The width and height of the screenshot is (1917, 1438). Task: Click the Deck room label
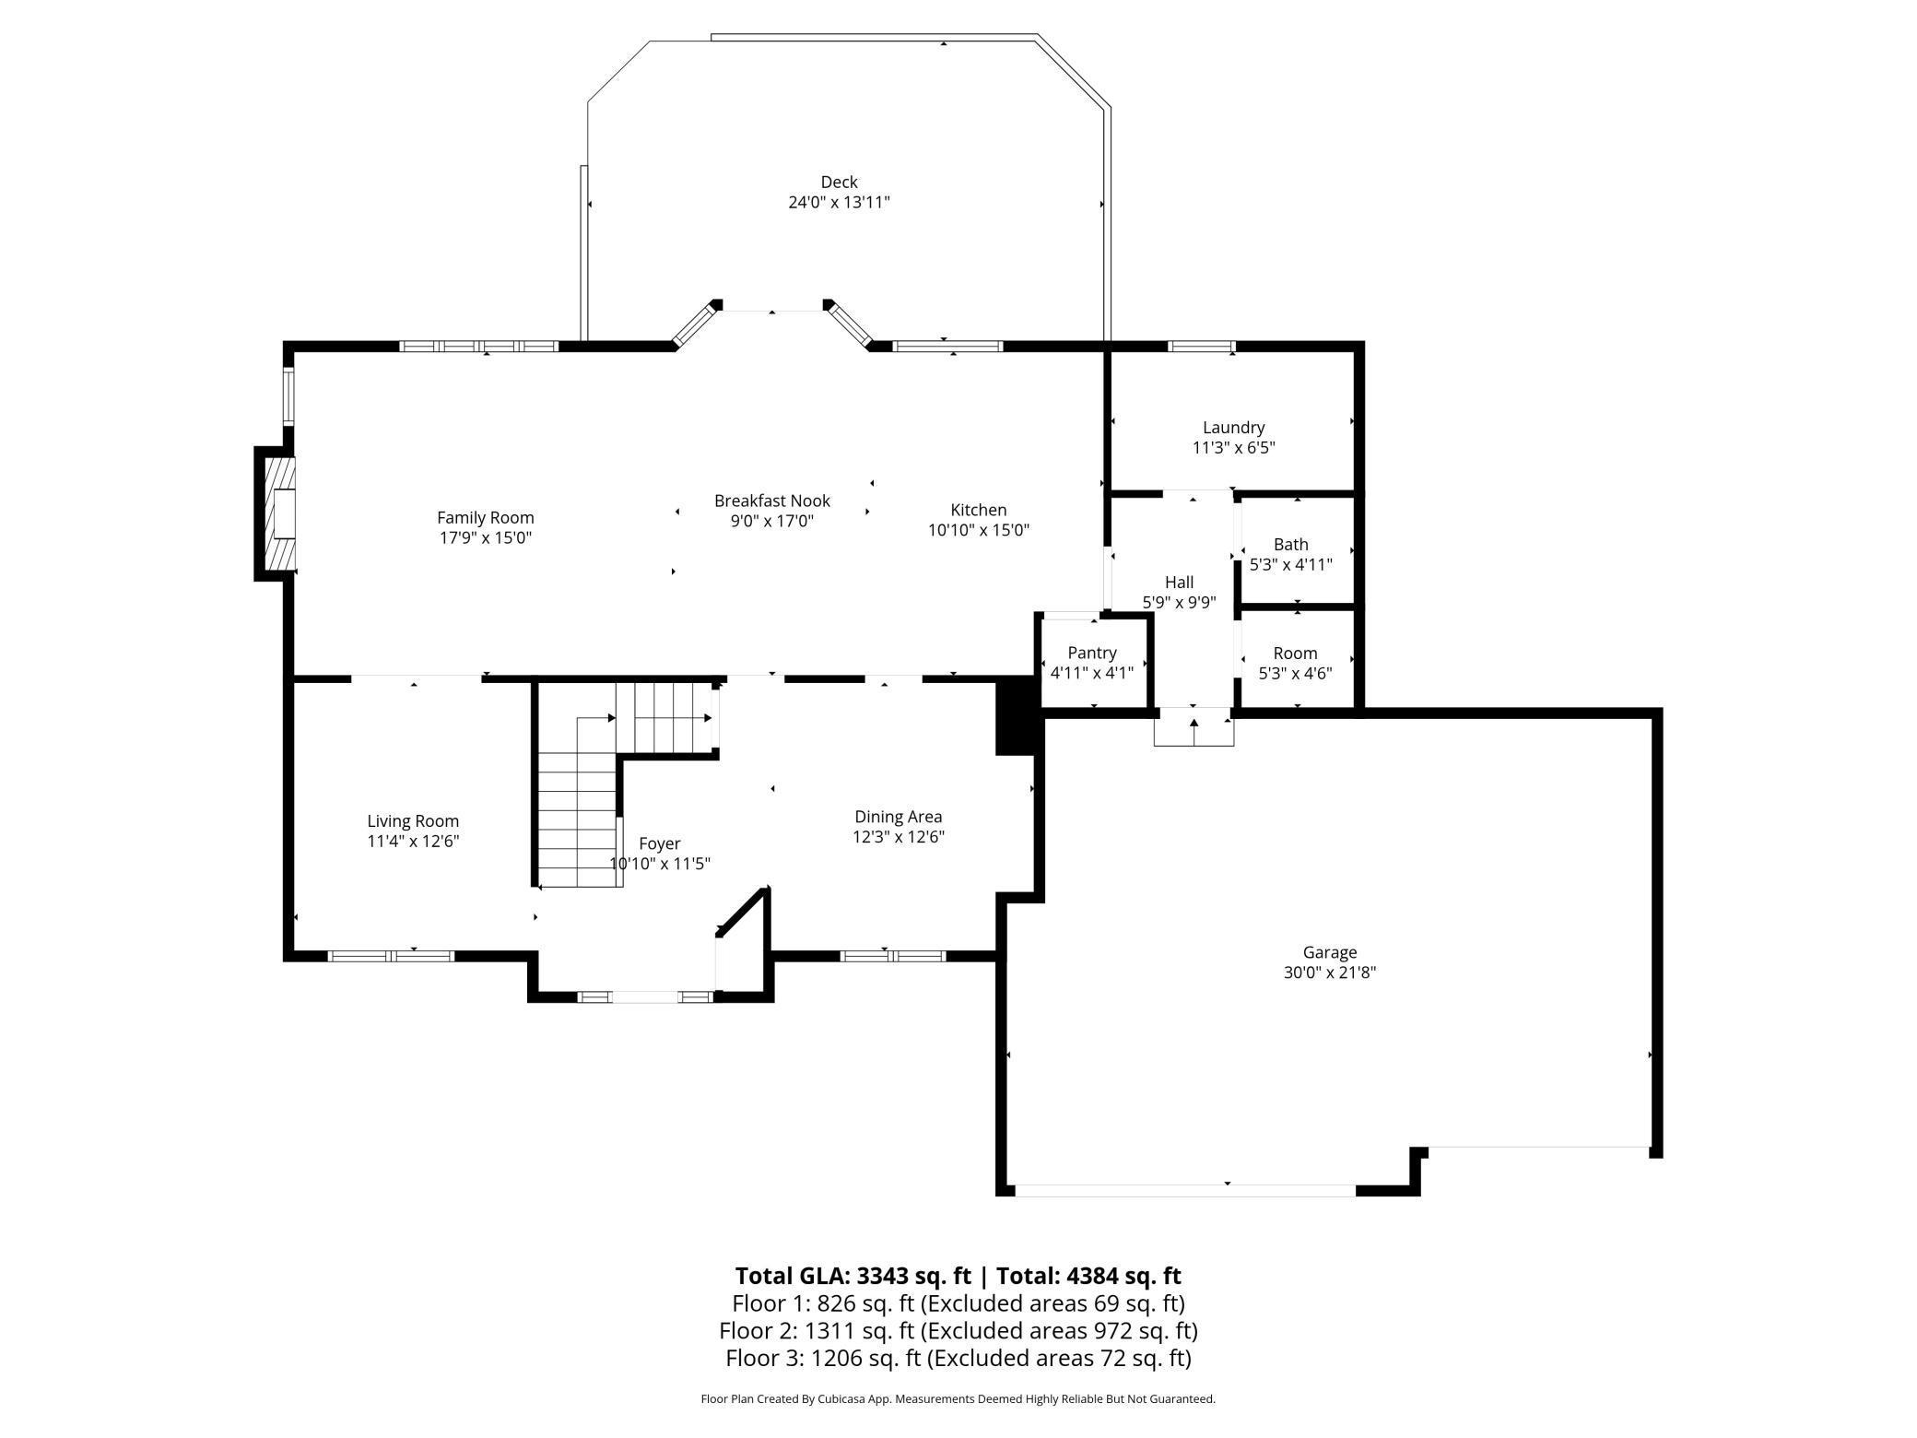(839, 183)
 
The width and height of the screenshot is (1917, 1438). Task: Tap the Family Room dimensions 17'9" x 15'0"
(486, 537)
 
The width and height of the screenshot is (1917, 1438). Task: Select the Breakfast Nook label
(772, 501)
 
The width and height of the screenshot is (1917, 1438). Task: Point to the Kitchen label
(978, 510)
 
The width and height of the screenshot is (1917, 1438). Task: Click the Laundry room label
(1233, 428)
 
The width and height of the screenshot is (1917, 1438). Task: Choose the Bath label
(1290, 545)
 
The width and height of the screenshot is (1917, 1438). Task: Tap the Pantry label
(1092, 653)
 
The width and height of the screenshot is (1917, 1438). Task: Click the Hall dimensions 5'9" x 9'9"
(1179, 603)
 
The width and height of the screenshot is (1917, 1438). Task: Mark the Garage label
(1329, 952)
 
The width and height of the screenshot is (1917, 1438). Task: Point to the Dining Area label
(898, 817)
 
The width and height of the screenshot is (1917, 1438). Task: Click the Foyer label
(660, 843)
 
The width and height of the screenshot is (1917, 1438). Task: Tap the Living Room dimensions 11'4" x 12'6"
(413, 841)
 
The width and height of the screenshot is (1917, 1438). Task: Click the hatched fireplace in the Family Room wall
(280, 513)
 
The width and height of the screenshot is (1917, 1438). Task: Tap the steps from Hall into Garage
(1194, 728)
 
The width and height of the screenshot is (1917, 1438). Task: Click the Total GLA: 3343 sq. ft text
(853, 1276)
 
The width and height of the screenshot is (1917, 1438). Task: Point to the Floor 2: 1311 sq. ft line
(958, 1331)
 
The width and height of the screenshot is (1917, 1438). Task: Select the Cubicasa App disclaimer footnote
(958, 1399)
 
